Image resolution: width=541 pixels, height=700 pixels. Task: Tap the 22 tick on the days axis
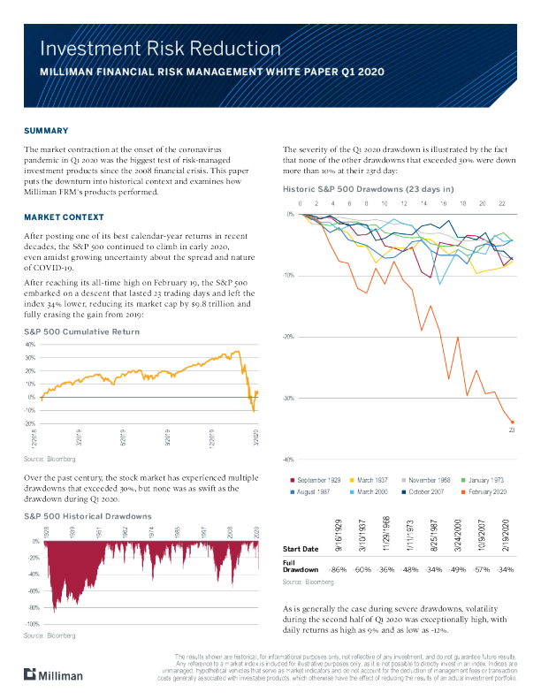(503, 203)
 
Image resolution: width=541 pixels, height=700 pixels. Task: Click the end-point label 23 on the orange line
(511, 430)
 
